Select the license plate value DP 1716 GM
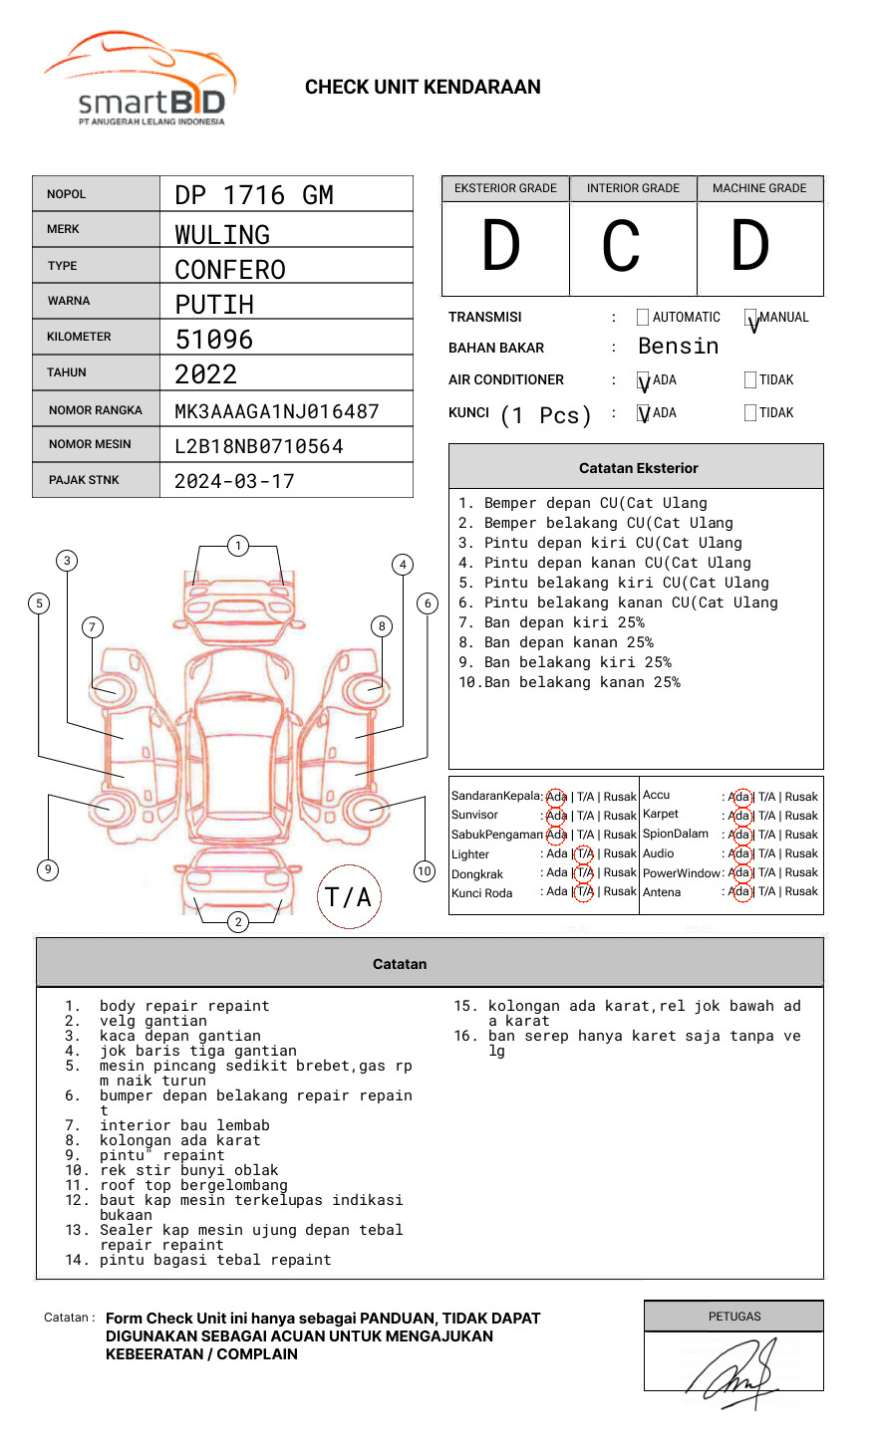click(x=254, y=195)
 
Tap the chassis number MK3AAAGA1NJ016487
click(x=276, y=411)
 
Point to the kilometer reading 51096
click(x=214, y=340)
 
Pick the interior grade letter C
click(x=621, y=247)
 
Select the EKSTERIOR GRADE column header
click(x=505, y=188)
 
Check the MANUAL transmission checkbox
click(x=751, y=318)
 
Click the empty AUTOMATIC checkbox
click(x=643, y=318)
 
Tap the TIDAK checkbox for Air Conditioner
click(x=750, y=379)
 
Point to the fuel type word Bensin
click(x=678, y=347)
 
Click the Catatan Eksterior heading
click(x=638, y=468)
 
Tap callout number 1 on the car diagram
click(x=237, y=546)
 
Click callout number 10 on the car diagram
click(x=425, y=871)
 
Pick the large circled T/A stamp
click(x=349, y=897)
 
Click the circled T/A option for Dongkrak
click(x=584, y=873)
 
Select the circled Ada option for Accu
click(x=739, y=797)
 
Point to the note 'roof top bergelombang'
click(x=193, y=1185)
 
